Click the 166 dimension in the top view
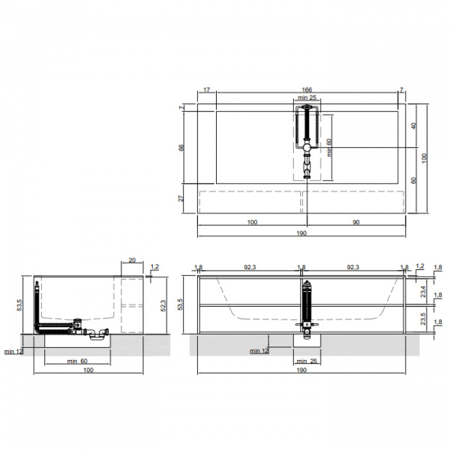tap(307, 90)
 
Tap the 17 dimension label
tap(207, 90)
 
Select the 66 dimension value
tap(181, 148)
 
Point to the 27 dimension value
tap(181, 198)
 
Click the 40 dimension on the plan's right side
tap(414, 126)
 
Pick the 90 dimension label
tap(355, 222)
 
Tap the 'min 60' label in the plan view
tap(329, 148)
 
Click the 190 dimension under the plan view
tap(301, 233)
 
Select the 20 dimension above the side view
tap(132, 260)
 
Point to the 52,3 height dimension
tap(163, 306)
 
